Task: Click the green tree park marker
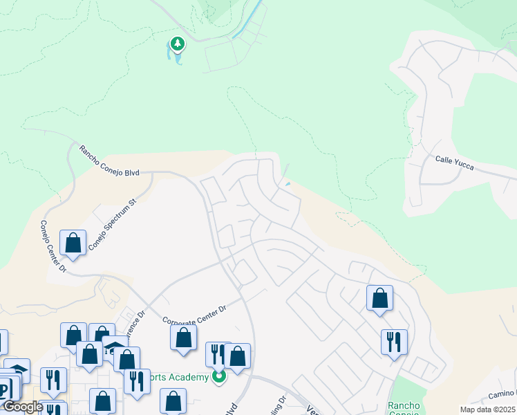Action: (178, 44)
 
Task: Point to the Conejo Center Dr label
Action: (52, 246)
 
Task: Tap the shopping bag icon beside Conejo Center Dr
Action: (73, 243)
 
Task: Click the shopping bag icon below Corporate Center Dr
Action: (183, 338)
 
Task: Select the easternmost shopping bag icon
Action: (379, 298)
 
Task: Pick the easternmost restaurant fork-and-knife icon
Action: (393, 342)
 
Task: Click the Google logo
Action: (22, 407)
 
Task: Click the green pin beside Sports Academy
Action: (219, 378)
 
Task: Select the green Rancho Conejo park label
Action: (404, 408)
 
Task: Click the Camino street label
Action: (502, 394)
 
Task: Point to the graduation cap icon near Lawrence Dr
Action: (115, 347)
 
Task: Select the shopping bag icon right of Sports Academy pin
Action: (237, 357)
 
